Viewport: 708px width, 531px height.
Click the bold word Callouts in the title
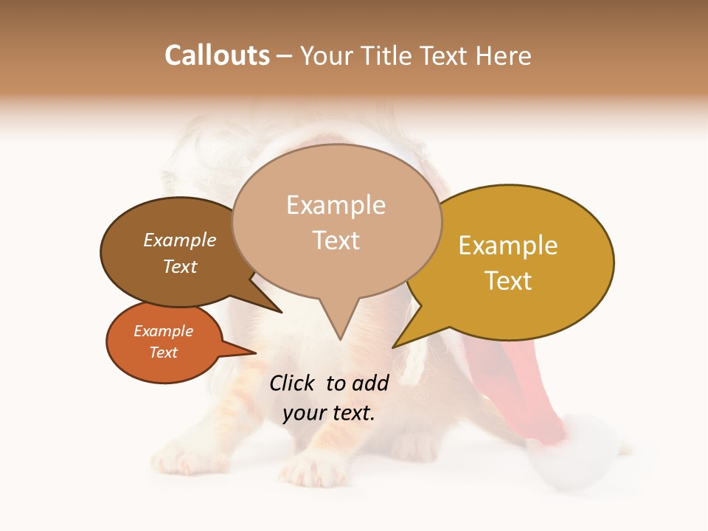[x=217, y=55]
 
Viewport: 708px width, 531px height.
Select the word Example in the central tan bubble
[x=336, y=205]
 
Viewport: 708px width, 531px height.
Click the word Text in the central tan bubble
[x=336, y=240]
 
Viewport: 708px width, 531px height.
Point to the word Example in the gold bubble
[x=508, y=246]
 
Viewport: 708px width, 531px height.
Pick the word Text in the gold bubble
[x=508, y=280]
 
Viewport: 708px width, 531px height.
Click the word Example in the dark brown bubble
[x=180, y=240]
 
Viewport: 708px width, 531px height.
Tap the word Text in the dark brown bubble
[x=180, y=266]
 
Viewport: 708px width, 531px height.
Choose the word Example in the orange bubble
[x=163, y=331]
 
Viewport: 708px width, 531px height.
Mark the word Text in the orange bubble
[x=163, y=353]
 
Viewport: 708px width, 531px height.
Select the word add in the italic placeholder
[x=371, y=383]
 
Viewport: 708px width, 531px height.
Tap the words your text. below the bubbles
[x=329, y=413]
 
